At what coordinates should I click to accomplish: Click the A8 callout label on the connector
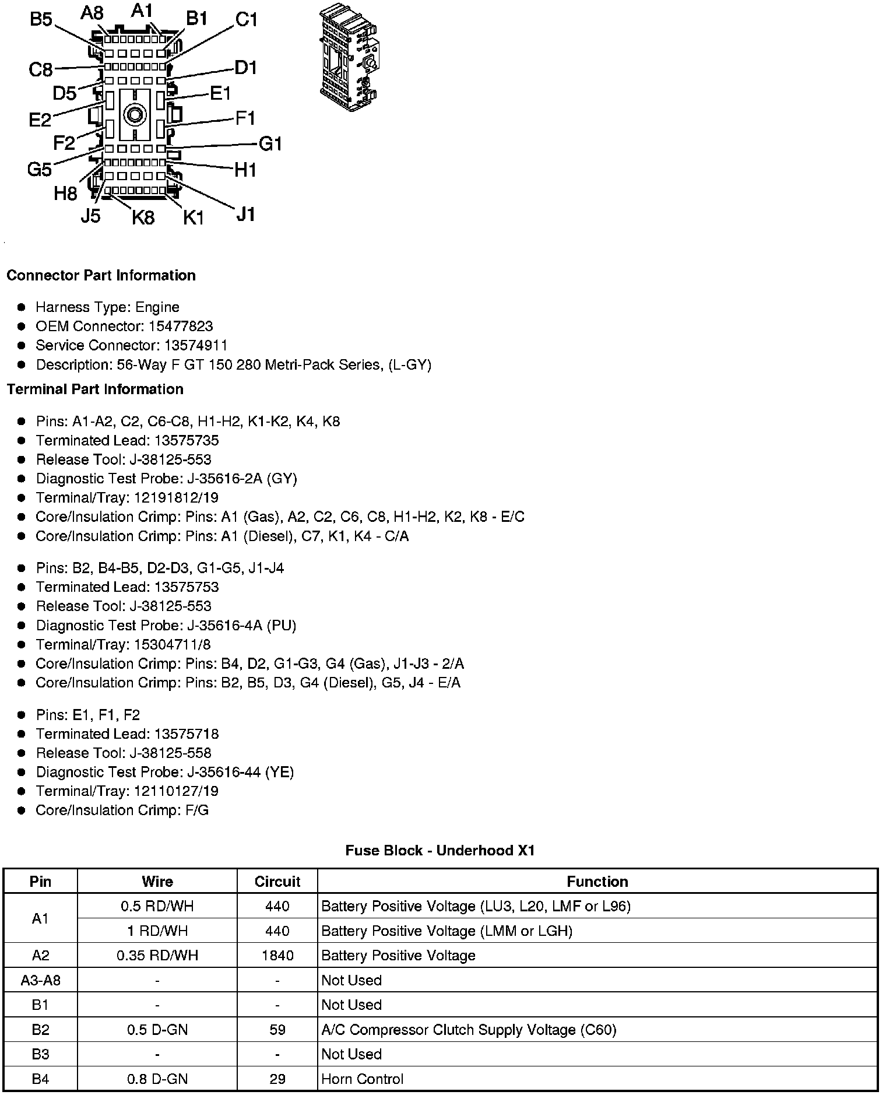(92, 13)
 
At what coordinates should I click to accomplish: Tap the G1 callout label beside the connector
(270, 143)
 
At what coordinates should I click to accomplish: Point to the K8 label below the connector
(143, 217)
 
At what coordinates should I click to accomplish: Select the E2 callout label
(40, 120)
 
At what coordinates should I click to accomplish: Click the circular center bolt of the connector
(135, 114)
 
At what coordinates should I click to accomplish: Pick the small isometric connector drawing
(349, 58)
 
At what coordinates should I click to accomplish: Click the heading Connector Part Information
(101, 275)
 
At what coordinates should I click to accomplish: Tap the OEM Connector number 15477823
(180, 326)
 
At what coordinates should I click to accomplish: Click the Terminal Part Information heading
(95, 389)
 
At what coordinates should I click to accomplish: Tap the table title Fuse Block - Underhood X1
(440, 850)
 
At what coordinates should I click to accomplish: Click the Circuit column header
(277, 881)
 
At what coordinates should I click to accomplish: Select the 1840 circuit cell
(277, 955)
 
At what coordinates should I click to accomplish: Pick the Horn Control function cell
(362, 1079)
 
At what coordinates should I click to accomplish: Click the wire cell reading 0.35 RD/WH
(157, 955)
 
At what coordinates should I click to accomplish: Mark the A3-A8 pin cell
(40, 980)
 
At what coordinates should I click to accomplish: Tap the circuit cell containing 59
(277, 1030)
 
